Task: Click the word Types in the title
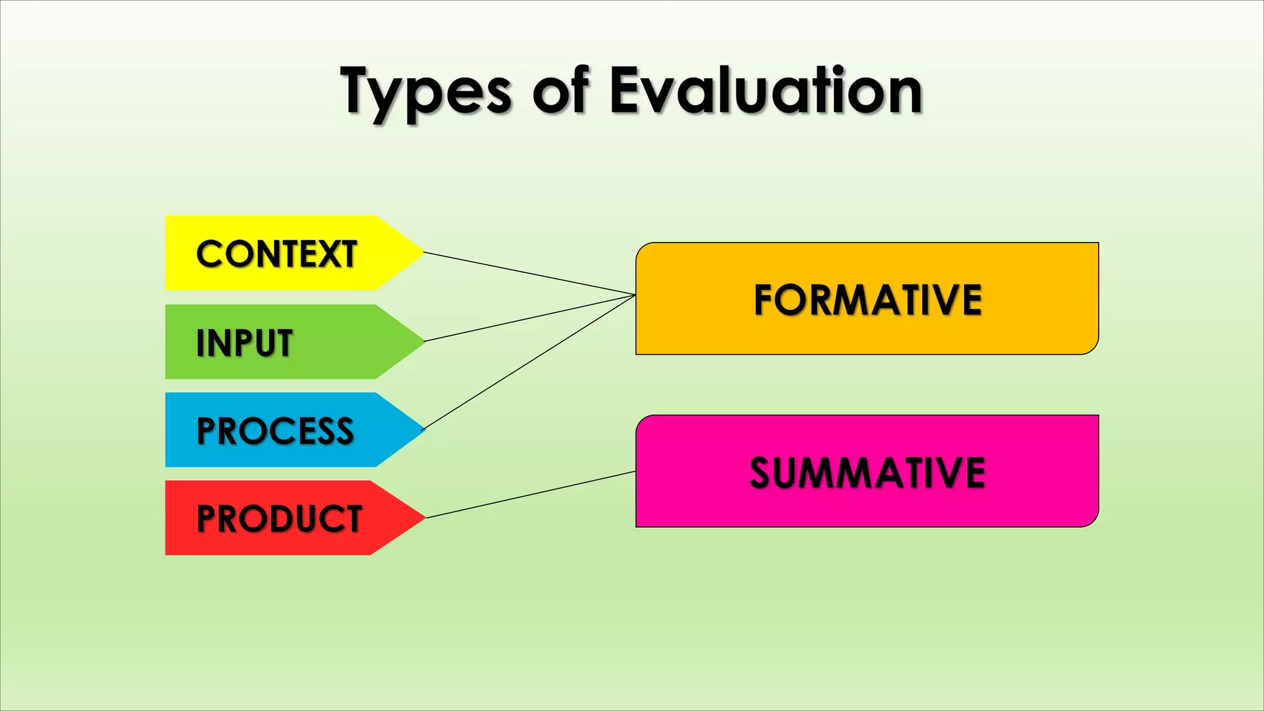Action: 426,93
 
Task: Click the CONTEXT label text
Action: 276,254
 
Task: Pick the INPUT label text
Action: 244,343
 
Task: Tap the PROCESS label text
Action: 275,431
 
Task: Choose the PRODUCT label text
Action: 279,518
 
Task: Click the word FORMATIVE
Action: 867,300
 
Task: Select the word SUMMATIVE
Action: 867,473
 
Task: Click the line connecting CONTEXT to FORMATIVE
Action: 530,273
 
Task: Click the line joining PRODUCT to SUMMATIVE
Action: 531,494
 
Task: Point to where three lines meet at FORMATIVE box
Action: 635,295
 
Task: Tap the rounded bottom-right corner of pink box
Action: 1093,522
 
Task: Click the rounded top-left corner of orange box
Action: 641,248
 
